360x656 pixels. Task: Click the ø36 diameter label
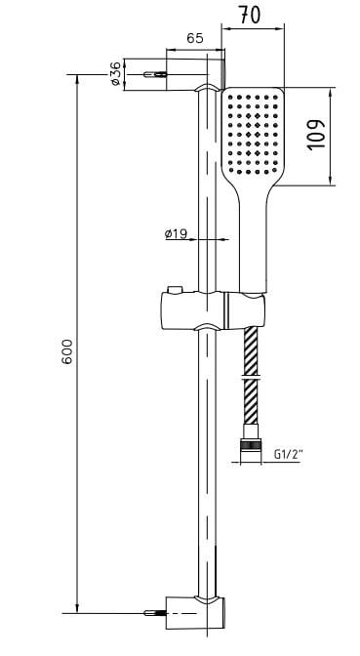pos(115,73)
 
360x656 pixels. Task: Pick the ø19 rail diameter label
pos(177,234)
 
